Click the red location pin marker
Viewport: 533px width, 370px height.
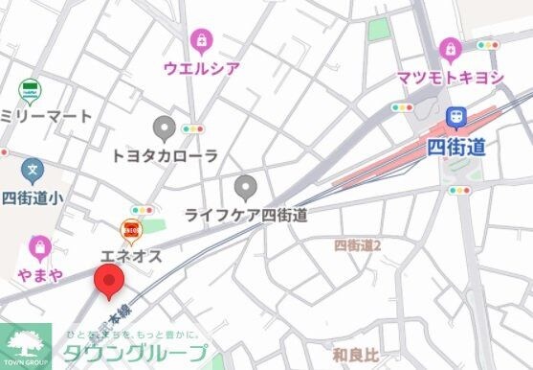pyautogui.click(x=108, y=283)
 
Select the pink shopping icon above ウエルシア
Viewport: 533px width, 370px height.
pyautogui.click(x=201, y=40)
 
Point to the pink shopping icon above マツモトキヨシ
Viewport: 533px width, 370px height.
pyautogui.click(x=449, y=48)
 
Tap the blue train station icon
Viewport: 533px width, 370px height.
pyautogui.click(x=457, y=117)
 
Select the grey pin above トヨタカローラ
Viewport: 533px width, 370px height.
pyautogui.click(x=165, y=127)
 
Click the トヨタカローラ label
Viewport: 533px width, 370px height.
pyautogui.click(x=165, y=155)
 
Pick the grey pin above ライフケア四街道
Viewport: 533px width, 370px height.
pyautogui.click(x=246, y=186)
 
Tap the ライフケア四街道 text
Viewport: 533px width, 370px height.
pyautogui.click(x=246, y=215)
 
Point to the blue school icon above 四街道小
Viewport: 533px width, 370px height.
pyautogui.click(x=33, y=172)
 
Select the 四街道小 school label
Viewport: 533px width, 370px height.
pyautogui.click(x=33, y=198)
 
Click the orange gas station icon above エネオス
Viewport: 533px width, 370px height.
pyautogui.click(x=130, y=230)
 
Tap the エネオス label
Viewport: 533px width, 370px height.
pyautogui.click(x=131, y=256)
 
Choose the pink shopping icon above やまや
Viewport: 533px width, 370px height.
pyautogui.click(x=38, y=247)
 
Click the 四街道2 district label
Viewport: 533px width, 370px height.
pyautogui.click(x=358, y=246)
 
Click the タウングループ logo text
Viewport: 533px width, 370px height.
pyautogui.click(x=135, y=352)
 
